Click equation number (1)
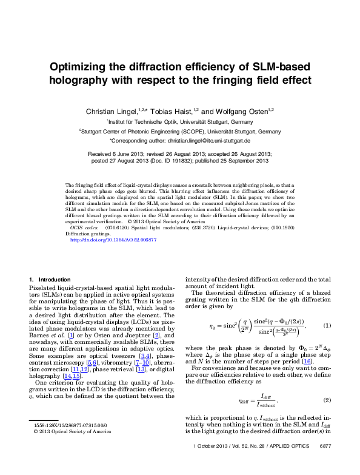click(326, 326)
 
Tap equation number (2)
click(326, 400)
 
